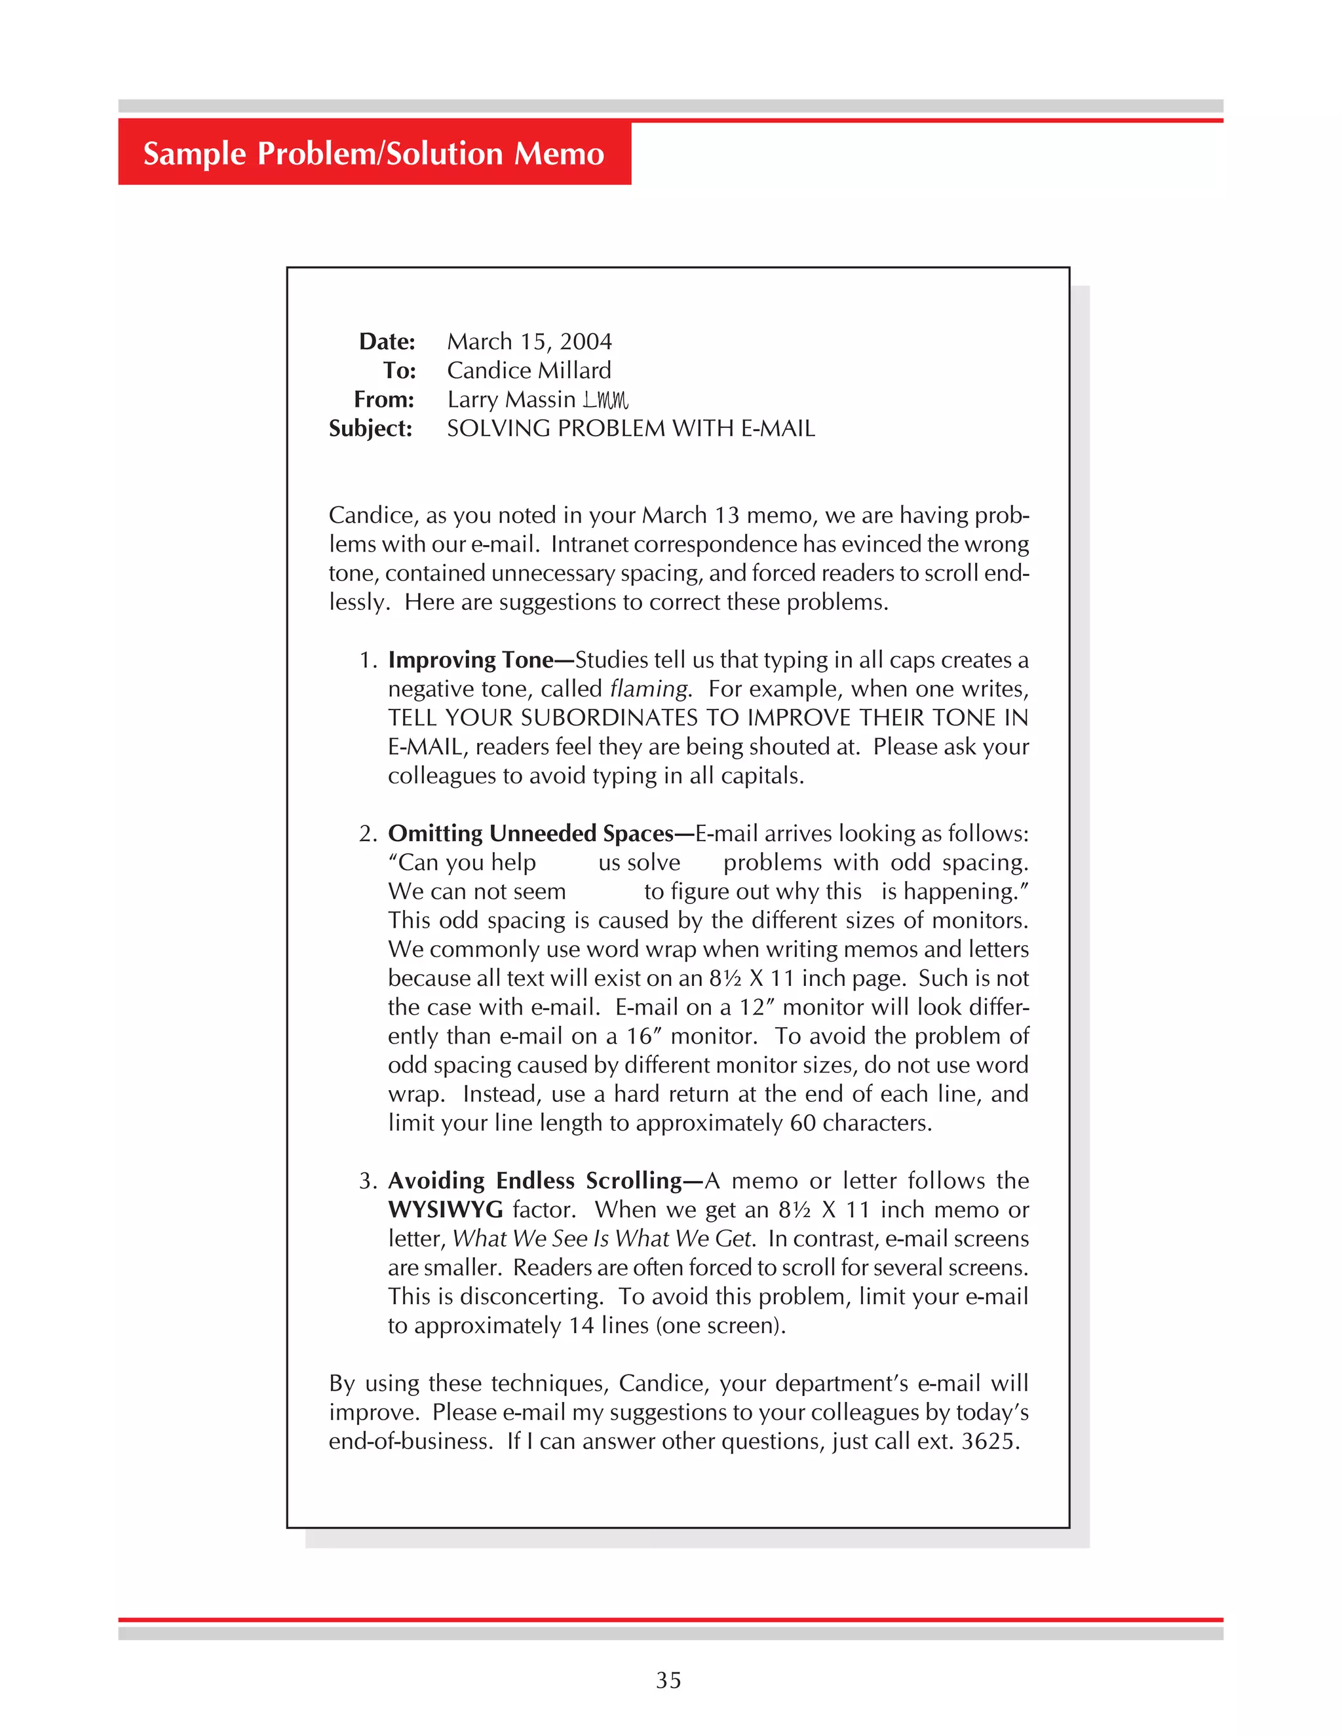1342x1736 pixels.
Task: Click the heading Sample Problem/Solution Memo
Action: point(374,153)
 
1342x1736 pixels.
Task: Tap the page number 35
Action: point(668,1680)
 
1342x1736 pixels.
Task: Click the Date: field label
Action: point(387,342)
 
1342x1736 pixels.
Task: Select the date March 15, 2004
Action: point(529,342)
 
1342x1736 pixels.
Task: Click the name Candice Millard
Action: point(529,370)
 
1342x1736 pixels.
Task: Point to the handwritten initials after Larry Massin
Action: point(606,399)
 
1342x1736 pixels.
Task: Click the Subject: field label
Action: point(370,428)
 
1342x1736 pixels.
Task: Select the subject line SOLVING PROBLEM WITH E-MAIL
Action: point(630,428)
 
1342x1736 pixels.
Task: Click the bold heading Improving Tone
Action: point(470,660)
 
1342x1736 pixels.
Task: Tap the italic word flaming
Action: point(649,689)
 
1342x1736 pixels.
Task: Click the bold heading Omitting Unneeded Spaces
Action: point(530,833)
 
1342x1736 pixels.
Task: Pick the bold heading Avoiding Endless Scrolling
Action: point(534,1180)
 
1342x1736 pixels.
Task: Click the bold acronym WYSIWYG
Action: point(445,1210)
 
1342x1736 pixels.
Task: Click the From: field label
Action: point(384,399)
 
